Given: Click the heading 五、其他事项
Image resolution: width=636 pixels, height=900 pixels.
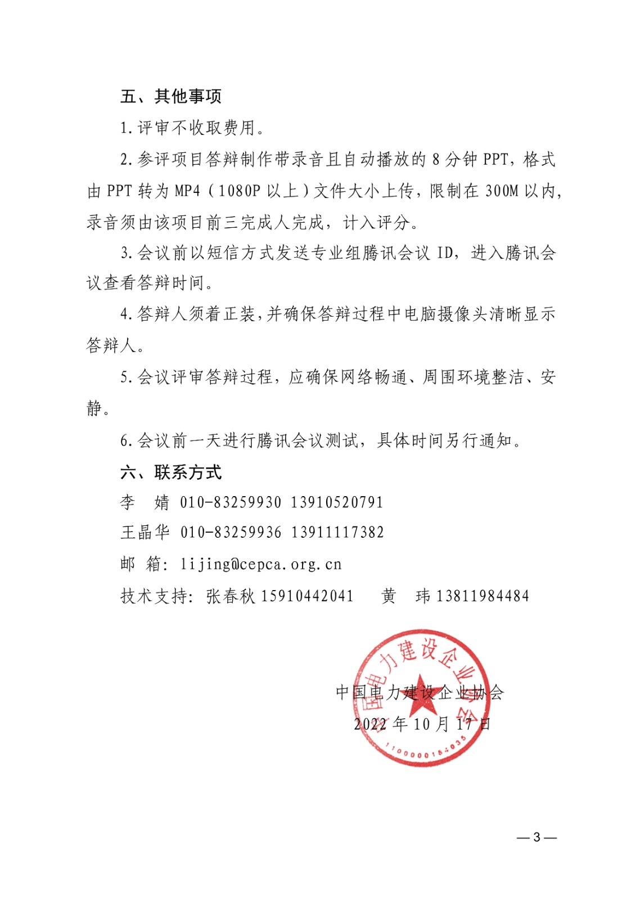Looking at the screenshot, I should pyautogui.click(x=171, y=96).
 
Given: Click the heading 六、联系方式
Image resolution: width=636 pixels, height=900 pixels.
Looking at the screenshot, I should pyautogui.click(x=171, y=472).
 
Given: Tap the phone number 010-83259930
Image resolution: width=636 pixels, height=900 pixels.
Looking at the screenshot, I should pyautogui.click(x=231, y=502).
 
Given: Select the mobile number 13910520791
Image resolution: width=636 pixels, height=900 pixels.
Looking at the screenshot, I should pyautogui.click(x=337, y=502).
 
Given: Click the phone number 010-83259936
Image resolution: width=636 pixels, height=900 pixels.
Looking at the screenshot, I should pyautogui.click(x=231, y=532).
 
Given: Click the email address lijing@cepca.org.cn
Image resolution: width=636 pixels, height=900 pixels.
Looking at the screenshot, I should pyautogui.click(x=261, y=564).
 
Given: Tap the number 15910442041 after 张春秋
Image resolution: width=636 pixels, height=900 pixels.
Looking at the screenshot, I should pyautogui.click(x=308, y=596).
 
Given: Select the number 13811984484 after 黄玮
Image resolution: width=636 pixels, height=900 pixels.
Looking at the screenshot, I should pyautogui.click(x=482, y=596).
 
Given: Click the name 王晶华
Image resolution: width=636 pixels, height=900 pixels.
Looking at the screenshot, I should pyautogui.click(x=145, y=532).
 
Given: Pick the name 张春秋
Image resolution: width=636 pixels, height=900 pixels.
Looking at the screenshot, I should pyautogui.click(x=231, y=596).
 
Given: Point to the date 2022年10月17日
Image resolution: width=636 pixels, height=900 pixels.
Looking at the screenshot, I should pyautogui.click(x=422, y=724).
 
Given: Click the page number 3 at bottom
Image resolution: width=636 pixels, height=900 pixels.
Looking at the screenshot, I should pyautogui.click(x=536, y=838).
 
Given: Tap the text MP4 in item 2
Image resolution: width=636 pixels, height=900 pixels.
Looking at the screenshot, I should pyautogui.click(x=187, y=191).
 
